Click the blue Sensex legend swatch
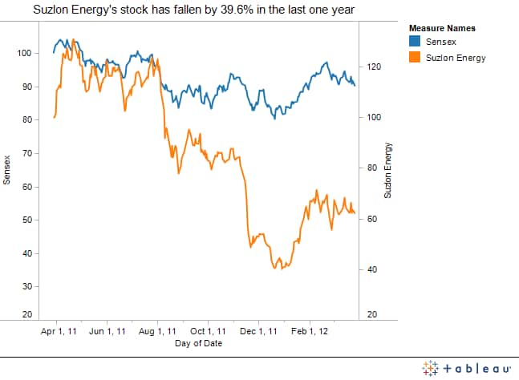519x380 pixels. point(416,41)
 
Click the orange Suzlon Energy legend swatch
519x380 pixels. point(416,57)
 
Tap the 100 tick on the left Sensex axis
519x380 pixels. point(26,54)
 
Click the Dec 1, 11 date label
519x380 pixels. point(258,330)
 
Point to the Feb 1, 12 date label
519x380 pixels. point(309,330)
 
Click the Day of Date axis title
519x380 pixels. point(197,343)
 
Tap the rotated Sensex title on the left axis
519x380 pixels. point(6,170)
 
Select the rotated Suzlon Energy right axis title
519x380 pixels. point(387,170)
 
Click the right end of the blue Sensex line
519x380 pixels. point(355,85)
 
